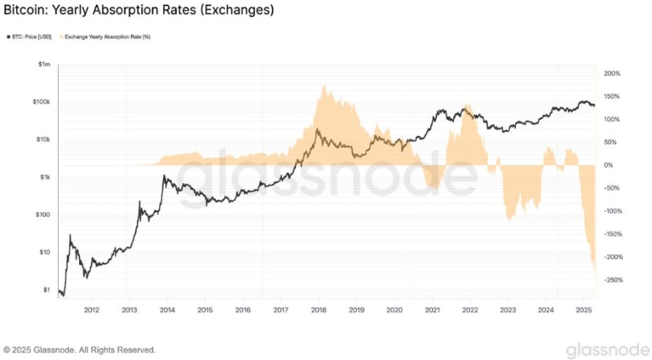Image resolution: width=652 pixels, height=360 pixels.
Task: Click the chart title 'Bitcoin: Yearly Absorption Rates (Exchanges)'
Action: [139, 11]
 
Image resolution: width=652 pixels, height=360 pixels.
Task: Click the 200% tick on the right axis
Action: [611, 73]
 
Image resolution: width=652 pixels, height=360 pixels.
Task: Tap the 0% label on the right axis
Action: [607, 165]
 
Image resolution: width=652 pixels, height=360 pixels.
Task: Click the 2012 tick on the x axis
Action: [91, 310]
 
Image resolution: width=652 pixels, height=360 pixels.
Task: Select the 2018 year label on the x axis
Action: [319, 310]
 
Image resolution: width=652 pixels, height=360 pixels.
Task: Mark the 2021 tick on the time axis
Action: [432, 310]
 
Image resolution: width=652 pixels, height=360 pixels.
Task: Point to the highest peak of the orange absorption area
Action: [325, 84]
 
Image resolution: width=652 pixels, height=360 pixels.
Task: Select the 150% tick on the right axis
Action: [611, 96]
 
